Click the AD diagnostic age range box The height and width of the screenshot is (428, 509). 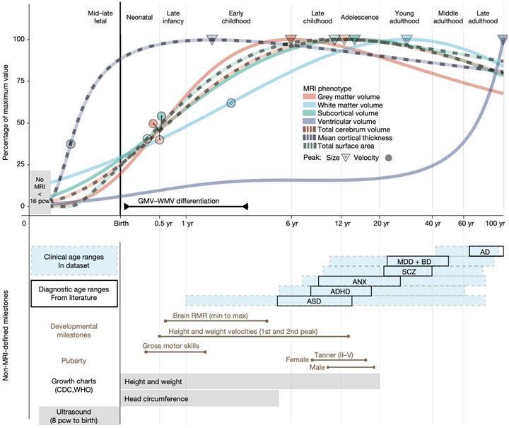coord(486,251)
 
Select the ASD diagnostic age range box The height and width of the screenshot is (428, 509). coord(315,301)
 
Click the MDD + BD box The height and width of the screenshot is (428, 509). coord(417,261)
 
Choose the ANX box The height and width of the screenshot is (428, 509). coord(359,281)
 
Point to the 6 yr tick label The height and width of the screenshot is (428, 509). coord(291,224)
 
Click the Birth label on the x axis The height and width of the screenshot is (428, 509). coord(122,224)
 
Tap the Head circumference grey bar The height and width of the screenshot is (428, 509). coord(199,399)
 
